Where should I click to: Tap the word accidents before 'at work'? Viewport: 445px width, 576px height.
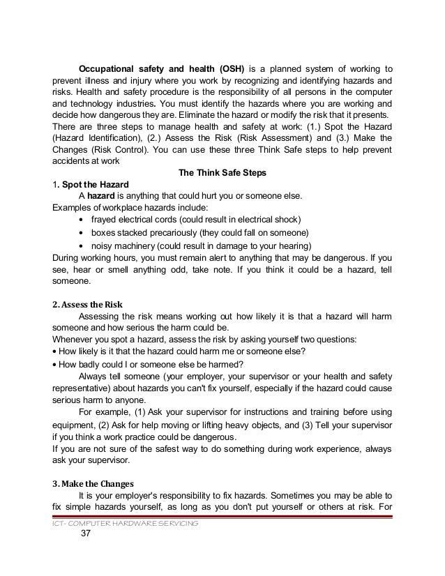coord(72,161)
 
